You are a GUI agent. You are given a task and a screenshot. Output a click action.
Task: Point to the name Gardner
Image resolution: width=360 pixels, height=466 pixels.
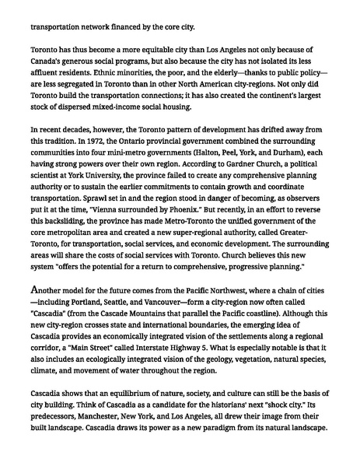pos(201,166)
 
